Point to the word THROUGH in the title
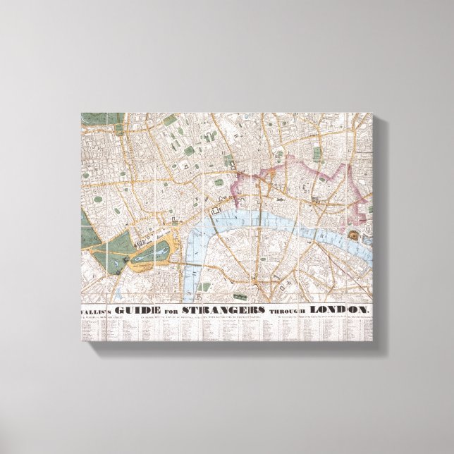pyautogui.click(x=289, y=311)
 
